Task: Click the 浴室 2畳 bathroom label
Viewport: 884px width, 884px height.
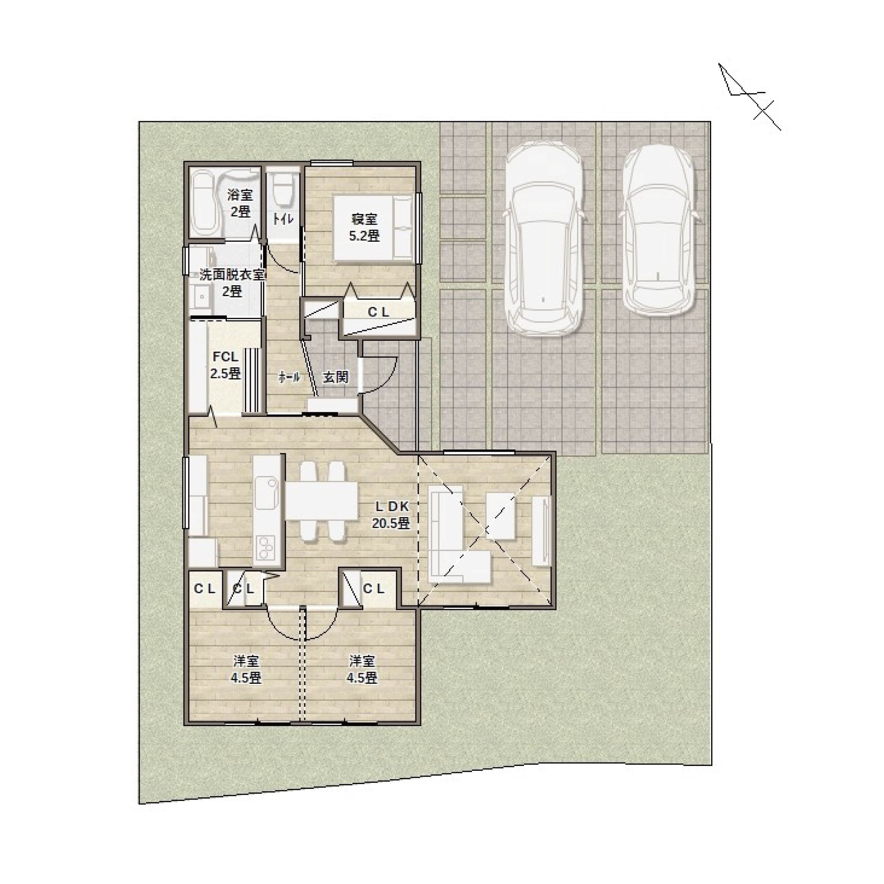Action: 240,204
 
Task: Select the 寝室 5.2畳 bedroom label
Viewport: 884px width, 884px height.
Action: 364,227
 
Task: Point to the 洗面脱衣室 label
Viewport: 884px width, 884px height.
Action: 232,275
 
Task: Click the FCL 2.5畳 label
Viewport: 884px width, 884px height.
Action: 225,365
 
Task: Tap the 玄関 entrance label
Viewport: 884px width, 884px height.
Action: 336,377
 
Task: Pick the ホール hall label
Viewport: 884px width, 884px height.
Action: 289,377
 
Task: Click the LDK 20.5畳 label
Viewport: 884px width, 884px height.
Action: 391,515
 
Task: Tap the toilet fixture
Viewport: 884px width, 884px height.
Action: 283,189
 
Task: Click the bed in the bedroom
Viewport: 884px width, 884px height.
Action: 373,228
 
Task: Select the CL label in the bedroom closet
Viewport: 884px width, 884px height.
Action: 379,312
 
